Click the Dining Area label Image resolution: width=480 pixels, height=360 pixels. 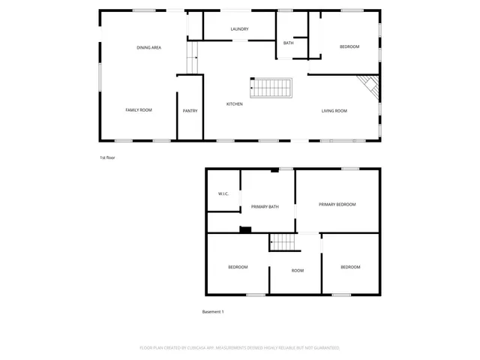(148, 47)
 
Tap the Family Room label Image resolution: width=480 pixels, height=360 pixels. (139, 110)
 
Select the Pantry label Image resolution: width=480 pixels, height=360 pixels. (190, 111)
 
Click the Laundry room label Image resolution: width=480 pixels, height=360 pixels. (239, 29)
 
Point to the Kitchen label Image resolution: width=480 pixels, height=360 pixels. (235, 104)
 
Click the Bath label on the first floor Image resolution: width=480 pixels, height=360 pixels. (288, 43)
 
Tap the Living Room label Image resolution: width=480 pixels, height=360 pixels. (334, 111)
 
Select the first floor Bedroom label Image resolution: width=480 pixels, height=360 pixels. (349, 47)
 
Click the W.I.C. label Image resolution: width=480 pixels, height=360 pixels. (223, 193)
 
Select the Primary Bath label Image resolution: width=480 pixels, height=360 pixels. (265, 206)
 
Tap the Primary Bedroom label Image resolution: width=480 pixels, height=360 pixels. (337, 204)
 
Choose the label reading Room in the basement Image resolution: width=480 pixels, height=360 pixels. (298, 270)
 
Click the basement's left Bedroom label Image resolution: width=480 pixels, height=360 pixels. (238, 267)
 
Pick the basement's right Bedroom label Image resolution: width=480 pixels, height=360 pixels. (350, 267)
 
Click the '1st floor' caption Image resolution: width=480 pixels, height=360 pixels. (107, 157)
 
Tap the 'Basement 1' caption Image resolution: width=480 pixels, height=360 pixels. (213, 311)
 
